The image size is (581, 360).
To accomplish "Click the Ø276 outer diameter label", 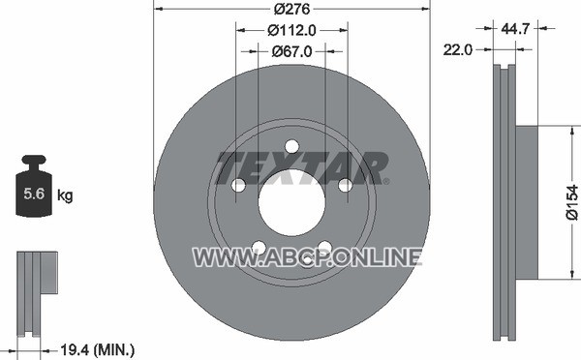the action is [x=291, y=9].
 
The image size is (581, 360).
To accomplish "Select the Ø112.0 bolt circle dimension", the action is [x=291, y=30].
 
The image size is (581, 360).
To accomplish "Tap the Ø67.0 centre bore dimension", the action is [x=291, y=51].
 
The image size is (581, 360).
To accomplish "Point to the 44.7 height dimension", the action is [x=515, y=28].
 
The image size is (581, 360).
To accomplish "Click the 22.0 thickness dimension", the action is [x=458, y=49].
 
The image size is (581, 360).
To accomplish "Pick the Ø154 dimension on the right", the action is [x=572, y=202].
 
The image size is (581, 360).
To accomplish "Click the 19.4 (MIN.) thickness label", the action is [x=97, y=349].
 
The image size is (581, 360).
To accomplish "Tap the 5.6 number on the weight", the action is [x=34, y=194].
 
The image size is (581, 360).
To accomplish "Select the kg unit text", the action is [x=65, y=195].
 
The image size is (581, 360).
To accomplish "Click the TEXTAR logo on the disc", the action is [x=301, y=167].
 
